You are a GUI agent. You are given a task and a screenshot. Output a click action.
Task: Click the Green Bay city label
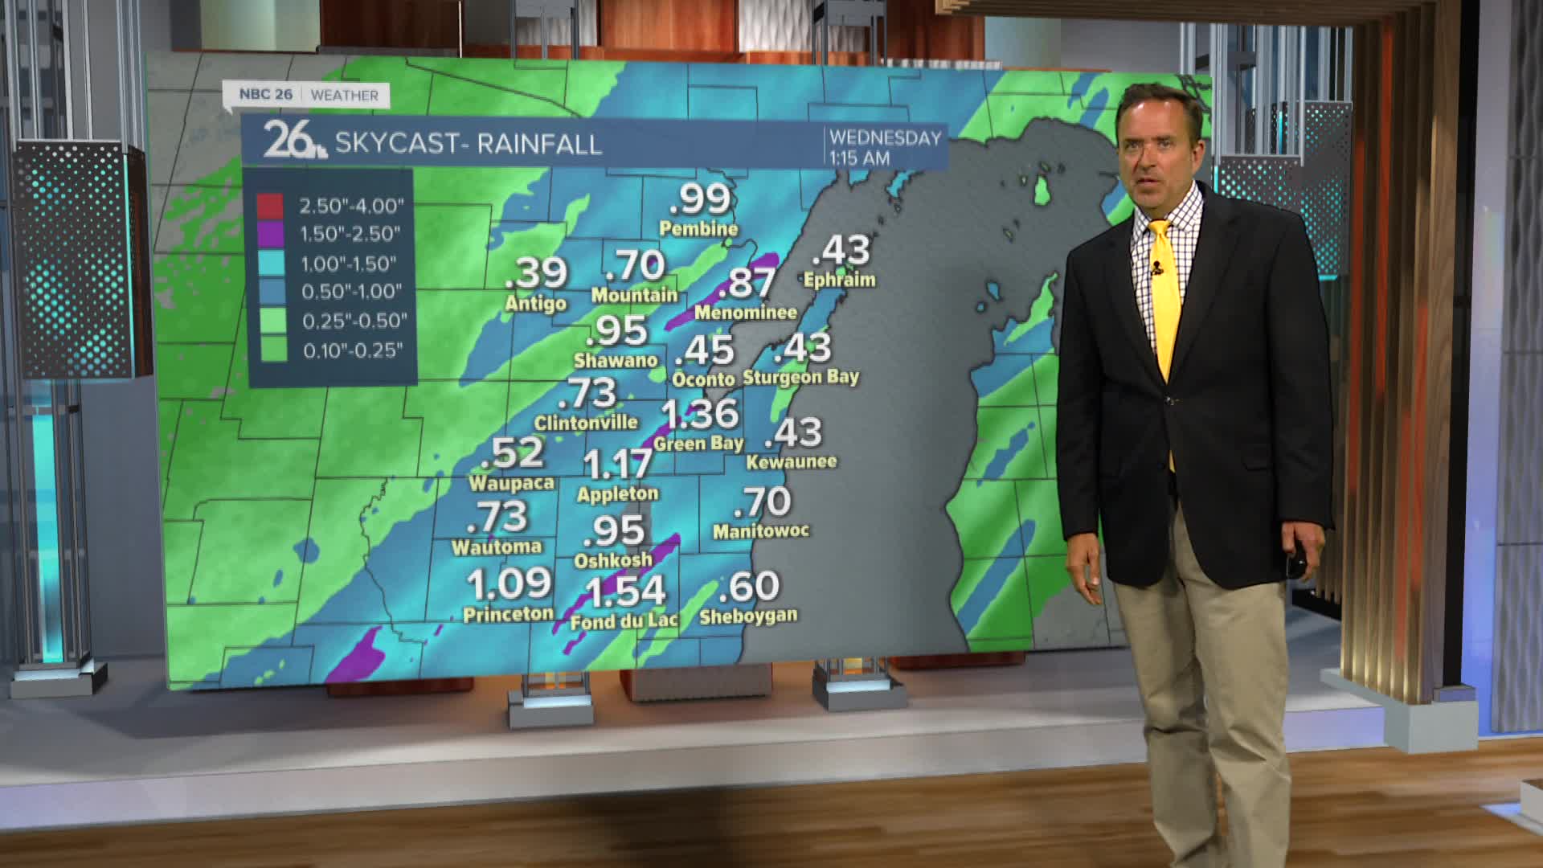point(698,444)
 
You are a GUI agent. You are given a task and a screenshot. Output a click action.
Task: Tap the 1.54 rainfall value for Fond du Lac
point(625,592)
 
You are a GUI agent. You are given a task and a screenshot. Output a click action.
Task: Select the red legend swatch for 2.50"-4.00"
point(271,206)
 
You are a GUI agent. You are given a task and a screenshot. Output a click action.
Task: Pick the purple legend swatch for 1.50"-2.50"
point(271,234)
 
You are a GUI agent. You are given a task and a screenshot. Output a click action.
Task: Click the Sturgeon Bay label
point(800,377)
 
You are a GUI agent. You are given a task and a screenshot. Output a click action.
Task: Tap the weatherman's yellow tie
point(1165,305)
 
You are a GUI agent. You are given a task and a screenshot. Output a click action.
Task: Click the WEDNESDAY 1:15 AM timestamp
point(885,148)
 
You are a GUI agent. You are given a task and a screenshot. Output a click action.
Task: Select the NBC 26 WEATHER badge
point(308,95)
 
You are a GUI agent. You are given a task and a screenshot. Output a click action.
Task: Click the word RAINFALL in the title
point(539,144)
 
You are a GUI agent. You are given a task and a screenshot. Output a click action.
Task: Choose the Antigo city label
point(536,304)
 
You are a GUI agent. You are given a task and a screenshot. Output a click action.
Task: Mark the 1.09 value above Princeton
point(509,583)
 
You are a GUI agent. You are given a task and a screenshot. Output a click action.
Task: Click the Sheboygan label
point(748,616)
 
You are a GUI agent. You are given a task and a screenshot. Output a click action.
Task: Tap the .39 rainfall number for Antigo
point(537,273)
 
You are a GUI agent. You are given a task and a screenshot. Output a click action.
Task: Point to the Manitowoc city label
point(761,531)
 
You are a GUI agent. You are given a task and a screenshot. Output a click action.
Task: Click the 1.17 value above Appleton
point(617,464)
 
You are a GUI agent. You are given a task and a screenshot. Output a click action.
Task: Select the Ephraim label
point(840,280)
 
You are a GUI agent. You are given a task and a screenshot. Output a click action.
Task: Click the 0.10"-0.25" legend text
point(353,350)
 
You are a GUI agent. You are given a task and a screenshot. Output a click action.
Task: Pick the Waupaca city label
point(511,483)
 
